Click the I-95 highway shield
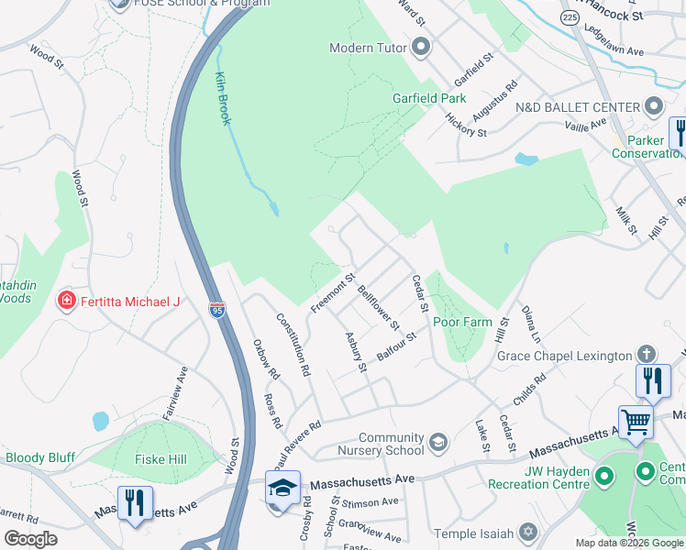click(x=216, y=310)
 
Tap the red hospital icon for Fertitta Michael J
click(x=66, y=302)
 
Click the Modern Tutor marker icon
click(x=421, y=47)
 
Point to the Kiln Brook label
click(x=223, y=98)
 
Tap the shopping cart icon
click(x=635, y=423)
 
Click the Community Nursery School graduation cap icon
click(x=438, y=444)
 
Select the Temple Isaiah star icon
click(x=527, y=532)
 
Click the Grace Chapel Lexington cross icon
click(x=646, y=355)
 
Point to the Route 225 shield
click(x=570, y=17)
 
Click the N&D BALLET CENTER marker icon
click(x=654, y=106)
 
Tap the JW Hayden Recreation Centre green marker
click(x=603, y=475)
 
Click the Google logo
click(x=31, y=539)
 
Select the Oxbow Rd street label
click(x=265, y=361)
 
